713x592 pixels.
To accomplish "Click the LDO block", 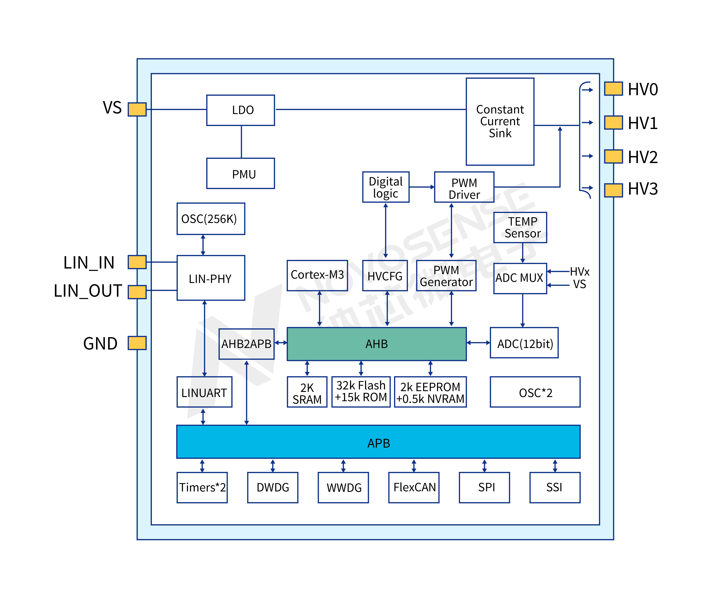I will point(240,110).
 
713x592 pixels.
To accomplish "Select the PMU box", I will point(240,174).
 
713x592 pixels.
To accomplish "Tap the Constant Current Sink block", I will point(500,121).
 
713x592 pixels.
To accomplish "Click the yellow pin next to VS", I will point(137,109).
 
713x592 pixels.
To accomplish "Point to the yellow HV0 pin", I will point(613,89).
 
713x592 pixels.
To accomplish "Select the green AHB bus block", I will point(377,344).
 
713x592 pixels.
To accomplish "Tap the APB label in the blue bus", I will point(379,443).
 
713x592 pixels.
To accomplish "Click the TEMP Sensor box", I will point(520,227).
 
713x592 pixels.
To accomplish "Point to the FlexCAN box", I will point(414,487).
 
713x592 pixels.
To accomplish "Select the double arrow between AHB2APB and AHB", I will point(281,343).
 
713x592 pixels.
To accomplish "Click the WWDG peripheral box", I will point(343,487).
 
